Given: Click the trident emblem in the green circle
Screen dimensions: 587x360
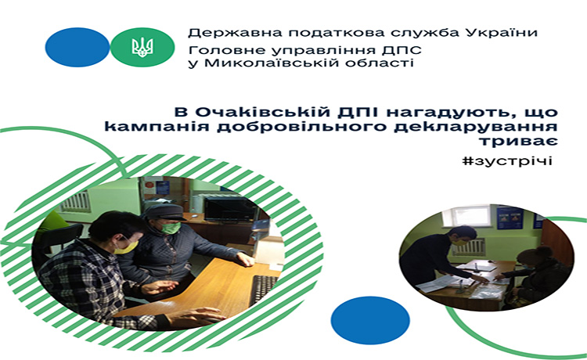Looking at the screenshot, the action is tap(142, 48).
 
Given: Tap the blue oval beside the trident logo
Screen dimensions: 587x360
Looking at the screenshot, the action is tap(77, 47).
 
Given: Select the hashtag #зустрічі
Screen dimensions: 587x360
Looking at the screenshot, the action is tap(507, 161).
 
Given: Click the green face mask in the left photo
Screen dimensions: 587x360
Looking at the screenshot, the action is tap(171, 228).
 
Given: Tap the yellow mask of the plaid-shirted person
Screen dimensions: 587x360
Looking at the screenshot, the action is tap(126, 247).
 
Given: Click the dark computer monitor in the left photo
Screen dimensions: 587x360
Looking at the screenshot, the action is tap(230, 210).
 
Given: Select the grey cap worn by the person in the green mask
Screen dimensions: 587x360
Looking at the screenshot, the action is tap(164, 212).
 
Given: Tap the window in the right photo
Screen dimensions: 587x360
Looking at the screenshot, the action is tap(471, 217).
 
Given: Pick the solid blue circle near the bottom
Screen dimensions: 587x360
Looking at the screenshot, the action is tap(370, 320).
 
